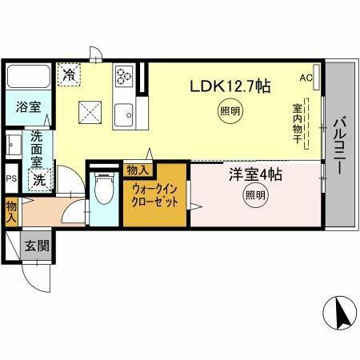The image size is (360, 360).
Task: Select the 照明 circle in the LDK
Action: pos(230,113)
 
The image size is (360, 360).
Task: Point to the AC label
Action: pos(306,78)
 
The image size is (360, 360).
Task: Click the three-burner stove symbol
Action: pos(125,76)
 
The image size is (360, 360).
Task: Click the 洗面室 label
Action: pos(38,149)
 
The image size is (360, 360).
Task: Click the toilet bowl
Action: pos(102,189)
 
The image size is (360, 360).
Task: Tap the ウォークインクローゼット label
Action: pos(155,196)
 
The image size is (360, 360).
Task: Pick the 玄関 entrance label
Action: pos(35,246)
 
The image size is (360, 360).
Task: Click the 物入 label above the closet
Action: pos(138,170)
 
